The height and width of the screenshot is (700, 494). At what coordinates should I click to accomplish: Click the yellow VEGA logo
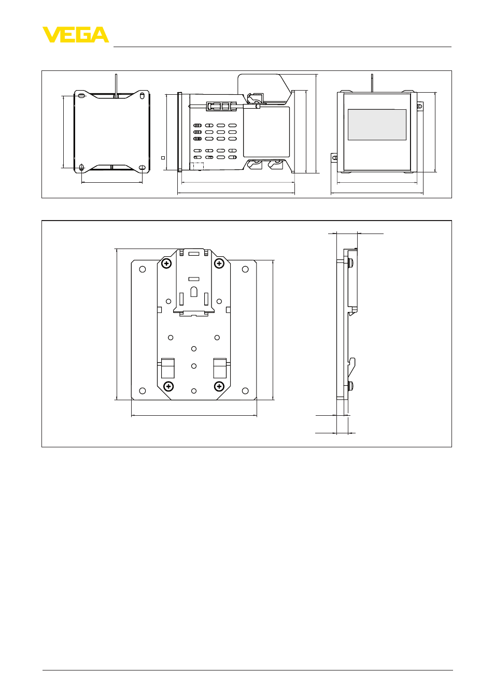click(76, 35)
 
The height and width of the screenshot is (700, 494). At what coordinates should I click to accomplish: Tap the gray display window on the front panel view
click(377, 125)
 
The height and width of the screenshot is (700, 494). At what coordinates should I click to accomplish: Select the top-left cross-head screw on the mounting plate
click(166, 264)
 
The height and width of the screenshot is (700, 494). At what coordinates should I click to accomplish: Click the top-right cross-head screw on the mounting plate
click(219, 264)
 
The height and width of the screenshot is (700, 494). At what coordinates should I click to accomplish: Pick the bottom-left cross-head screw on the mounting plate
click(168, 387)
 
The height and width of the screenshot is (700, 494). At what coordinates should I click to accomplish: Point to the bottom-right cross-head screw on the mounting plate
click(219, 387)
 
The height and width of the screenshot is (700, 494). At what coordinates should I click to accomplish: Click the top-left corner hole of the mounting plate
click(143, 269)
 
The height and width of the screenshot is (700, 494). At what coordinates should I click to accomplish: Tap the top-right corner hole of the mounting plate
click(245, 269)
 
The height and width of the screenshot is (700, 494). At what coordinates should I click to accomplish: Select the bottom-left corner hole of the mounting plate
click(143, 390)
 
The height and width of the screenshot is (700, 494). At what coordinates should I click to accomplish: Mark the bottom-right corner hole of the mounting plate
click(245, 390)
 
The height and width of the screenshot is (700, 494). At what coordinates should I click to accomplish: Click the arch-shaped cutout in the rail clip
click(194, 291)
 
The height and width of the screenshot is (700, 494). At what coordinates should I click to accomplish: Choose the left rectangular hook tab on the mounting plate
click(168, 368)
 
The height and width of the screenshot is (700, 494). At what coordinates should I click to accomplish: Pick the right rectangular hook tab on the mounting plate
click(220, 368)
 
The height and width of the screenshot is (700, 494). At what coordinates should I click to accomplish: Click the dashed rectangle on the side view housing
click(197, 166)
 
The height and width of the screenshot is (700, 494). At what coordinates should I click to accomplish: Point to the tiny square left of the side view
click(163, 158)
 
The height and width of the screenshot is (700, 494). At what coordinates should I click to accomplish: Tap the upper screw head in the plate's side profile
click(350, 262)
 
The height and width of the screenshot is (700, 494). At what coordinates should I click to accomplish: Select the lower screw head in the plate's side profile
click(350, 386)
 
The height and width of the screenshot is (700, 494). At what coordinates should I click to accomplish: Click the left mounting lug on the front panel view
click(334, 158)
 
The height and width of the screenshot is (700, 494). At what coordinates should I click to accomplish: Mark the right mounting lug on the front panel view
click(420, 106)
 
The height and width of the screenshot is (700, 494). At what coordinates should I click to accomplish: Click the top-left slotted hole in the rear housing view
click(81, 96)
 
